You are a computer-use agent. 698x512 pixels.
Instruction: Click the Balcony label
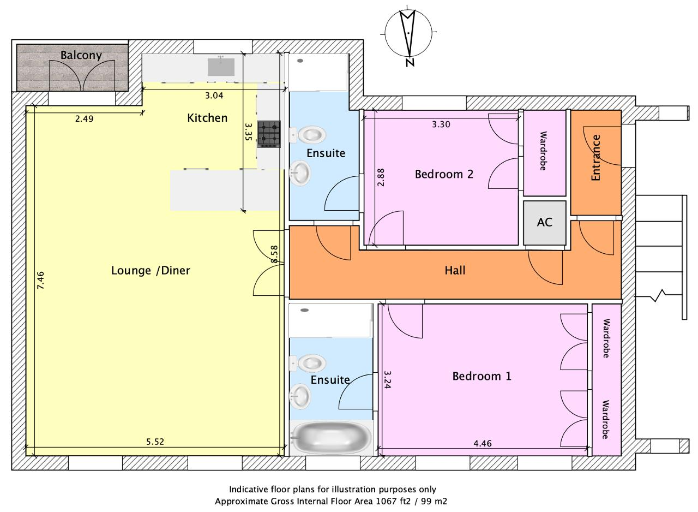(81, 55)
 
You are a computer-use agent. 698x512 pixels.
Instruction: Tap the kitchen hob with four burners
(269, 134)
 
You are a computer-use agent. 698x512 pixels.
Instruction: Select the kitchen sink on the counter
(221, 67)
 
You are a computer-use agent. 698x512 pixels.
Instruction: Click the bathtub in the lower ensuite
(331, 438)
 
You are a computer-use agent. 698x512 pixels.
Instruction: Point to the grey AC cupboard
(544, 223)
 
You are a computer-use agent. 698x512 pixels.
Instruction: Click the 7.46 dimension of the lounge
(40, 281)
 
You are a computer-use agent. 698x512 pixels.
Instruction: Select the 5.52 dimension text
(155, 442)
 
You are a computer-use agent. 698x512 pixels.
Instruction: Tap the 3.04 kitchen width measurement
(214, 96)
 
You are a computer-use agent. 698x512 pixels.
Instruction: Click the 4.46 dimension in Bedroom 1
(483, 443)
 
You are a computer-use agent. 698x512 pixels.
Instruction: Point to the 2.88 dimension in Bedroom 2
(381, 177)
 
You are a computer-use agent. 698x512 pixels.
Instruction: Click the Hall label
(455, 270)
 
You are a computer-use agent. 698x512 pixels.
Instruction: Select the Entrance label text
(596, 158)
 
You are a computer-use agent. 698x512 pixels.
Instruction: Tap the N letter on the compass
(410, 62)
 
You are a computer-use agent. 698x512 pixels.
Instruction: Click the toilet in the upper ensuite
(308, 135)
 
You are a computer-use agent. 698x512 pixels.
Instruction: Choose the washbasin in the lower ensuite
(300, 397)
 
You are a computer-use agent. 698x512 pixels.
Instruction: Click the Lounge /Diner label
(151, 270)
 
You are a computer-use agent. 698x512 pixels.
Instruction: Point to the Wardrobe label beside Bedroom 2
(543, 151)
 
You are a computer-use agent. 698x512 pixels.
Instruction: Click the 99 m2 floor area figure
(434, 502)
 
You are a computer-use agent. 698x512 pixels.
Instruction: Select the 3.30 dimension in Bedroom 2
(441, 124)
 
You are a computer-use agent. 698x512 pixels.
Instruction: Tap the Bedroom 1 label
(482, 376)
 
